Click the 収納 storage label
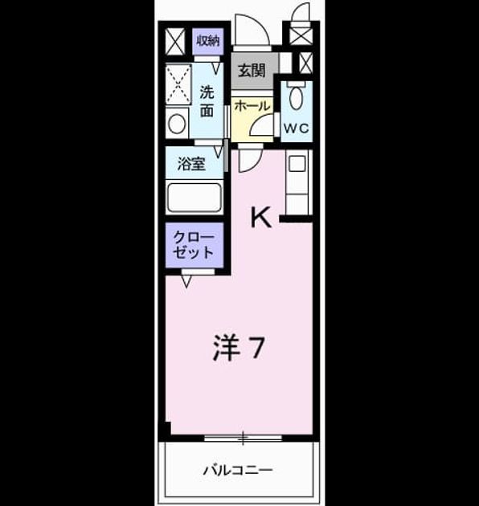point(208,41)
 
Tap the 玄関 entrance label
point(252,71)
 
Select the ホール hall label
point(252,106)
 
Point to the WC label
point(297,129)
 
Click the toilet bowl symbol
point(297,98)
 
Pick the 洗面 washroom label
point(207,101)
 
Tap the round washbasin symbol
point(177,124)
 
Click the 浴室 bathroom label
point(191,164)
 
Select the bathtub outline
point(194,198)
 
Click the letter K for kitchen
point(261,217)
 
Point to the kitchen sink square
point(297,164)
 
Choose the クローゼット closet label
point(194,245)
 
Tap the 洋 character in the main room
point(227,348)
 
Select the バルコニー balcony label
point(238,470)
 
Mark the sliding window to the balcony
point(243,439)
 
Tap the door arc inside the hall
point(261,124)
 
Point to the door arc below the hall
point(251,161)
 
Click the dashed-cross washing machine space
point(178,84)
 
